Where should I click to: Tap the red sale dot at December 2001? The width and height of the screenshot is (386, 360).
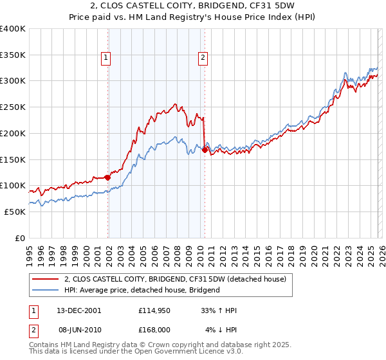tap(107, 177)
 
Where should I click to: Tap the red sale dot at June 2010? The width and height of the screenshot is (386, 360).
tap(205, 150)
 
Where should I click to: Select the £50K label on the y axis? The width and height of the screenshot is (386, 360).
tap(15, 212)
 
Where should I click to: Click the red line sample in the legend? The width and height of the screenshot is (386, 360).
tap(46, 279)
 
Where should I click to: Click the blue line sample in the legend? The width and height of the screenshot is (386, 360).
tap(46, 290)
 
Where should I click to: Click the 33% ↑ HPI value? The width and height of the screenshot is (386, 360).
tap(219, 310)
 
